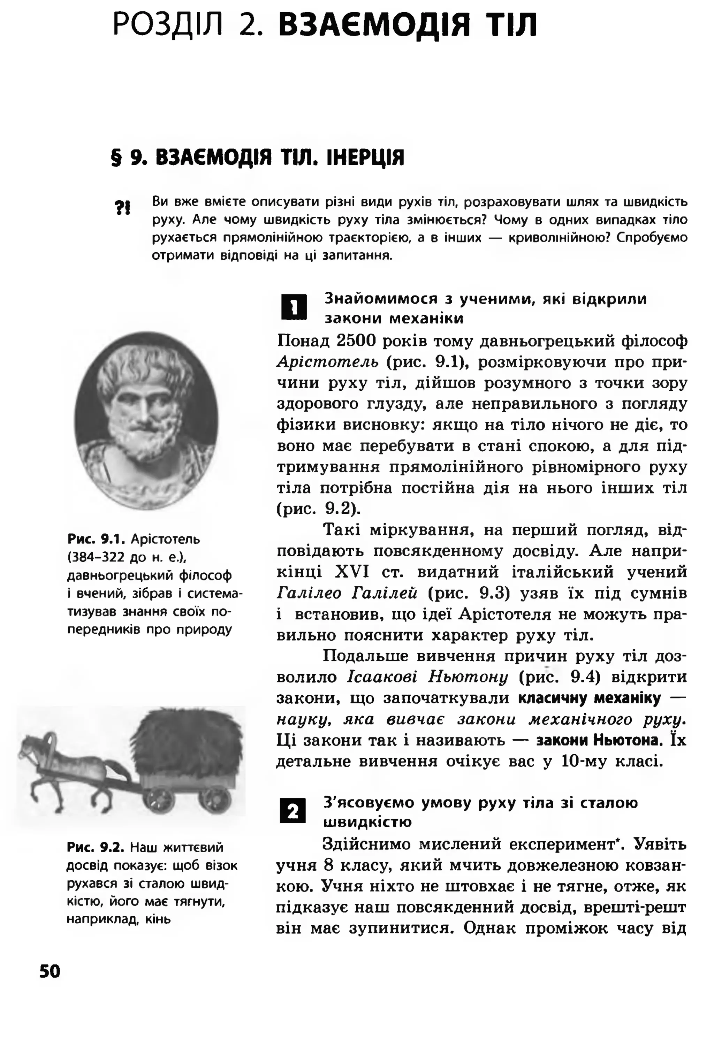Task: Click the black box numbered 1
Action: click(294, 308)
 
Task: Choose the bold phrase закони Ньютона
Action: click(599, 740)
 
